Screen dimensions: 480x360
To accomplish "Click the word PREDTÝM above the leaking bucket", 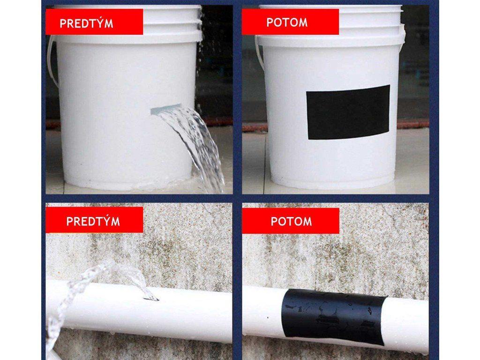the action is pos(86,23).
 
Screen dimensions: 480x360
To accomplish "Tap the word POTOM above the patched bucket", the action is pos(287,22).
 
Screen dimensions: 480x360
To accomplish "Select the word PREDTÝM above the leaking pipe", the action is pos(93,221).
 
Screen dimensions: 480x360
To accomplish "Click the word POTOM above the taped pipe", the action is pos(291,221).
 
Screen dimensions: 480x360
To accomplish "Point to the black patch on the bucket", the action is pos(348,112).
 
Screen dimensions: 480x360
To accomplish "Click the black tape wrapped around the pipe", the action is pos(334,316).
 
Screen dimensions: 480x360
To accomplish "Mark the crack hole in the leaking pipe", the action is pos(151,298).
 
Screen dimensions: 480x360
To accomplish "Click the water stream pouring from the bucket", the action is pos(193,147).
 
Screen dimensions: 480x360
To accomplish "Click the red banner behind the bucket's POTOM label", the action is pos(290,22).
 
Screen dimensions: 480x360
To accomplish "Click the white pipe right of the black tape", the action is pos(407,323).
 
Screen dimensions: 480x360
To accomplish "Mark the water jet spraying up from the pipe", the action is pos(92,294).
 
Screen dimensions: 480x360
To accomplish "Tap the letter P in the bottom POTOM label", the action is pos(274,222).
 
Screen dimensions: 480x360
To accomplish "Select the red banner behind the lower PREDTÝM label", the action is pos(94,220).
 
